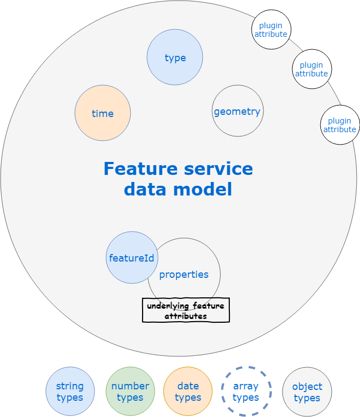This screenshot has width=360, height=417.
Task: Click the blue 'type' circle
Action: click(175, 57)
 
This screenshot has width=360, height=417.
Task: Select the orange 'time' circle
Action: click(102, 113)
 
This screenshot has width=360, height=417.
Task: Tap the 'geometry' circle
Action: click(237, 111)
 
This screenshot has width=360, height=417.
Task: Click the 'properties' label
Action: click(184, 275)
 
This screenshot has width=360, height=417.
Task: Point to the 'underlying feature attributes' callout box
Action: click(185, 310)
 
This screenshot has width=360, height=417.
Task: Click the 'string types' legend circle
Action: click(70, 392)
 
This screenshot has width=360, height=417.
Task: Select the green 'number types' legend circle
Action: click(130, 392)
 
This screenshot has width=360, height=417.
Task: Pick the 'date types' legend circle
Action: click(188, 392)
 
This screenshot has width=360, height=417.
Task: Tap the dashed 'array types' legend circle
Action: click(246, 392)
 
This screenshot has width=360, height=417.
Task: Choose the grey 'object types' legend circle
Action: click(307, 392)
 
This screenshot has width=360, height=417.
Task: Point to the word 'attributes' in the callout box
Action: click(185, 316)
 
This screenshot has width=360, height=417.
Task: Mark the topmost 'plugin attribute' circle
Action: click(271, 29)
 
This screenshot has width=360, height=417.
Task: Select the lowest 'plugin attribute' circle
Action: click(340, 125)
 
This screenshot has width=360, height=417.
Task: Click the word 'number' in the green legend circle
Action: click(130, 386)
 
